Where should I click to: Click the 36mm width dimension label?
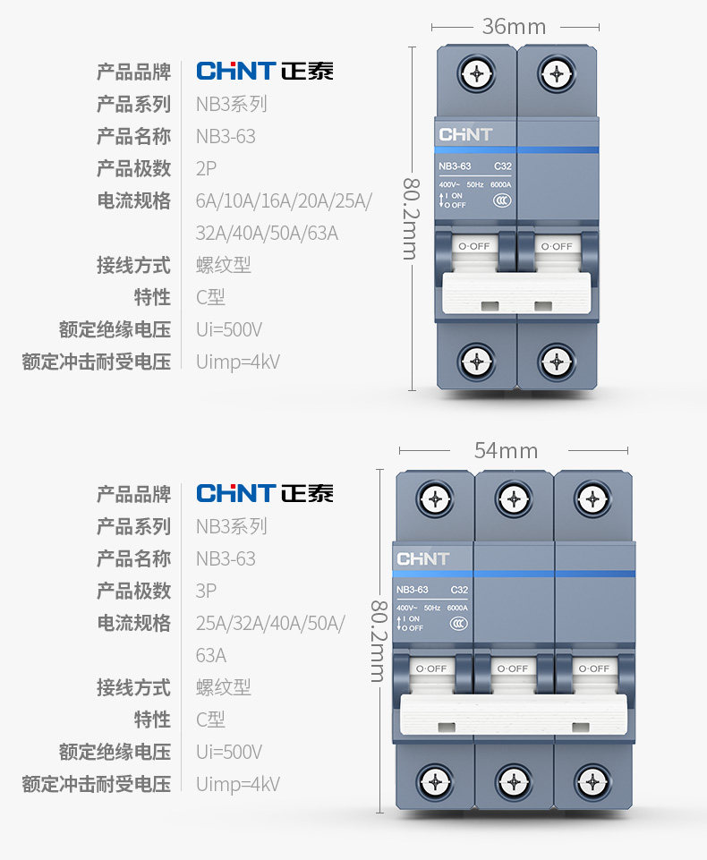pyautogui.click(x=514, y=27)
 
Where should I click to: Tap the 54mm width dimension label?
pyautogui.click(x=506, y=450)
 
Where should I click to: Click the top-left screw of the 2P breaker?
pyautogui.click(x=477, y=73)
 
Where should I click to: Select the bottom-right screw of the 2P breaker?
pyautogui.click(x=556, y=362)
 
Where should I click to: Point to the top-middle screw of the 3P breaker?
pyautogui.click(x=514, y=498)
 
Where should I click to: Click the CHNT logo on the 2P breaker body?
pyautogui.click(x=464, y=135)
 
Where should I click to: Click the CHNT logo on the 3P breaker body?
pyautogui.click(x=422, y=559)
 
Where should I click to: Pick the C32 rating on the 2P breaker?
pyautogui.click(x=503, y=166)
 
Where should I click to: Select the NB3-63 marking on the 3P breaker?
pyautogui.click(x=413, y=590)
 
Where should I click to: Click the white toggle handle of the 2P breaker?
pyautogui.click(x=516, y=293)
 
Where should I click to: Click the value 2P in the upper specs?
pyautogui.click(x=207, y=168)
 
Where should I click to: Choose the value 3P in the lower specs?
pyautogui.click(x=207, y=591)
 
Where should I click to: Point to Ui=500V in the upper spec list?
pyautogui.click(x=229, y=329)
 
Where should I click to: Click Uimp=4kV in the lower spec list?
pyautogui.click(x=238, y=784)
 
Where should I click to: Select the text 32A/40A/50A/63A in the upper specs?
pyautogui.click(x=267, y=234)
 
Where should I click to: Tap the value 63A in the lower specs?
pyautogui.click(x=211, y=655)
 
